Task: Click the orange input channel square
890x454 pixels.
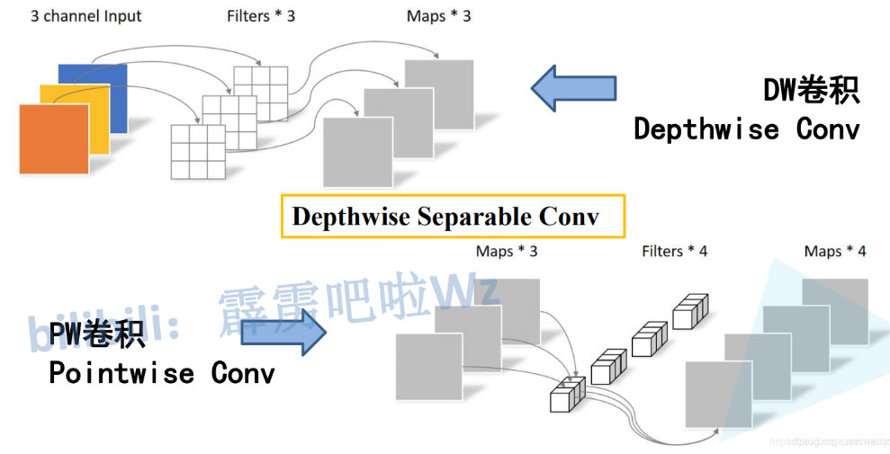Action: [x=53, y=138]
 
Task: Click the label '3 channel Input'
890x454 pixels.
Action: [x=86, y=16]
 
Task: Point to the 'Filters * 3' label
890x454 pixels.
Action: [x=262, y=16]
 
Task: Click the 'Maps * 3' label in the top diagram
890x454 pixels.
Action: [x=438, y=16]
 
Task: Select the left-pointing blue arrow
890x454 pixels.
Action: [x=573, y=88]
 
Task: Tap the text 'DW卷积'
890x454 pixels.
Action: [x=811, y=90]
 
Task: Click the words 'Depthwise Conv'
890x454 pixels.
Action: [x=746, y=129]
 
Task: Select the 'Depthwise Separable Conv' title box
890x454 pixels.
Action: [x=452, y=217]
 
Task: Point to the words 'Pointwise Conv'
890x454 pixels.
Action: [x=162, y=372]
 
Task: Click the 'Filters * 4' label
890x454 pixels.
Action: [x=674, y=252]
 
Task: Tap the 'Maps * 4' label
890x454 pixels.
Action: [x=834, y=252]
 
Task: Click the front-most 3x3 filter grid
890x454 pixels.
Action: [x=198, y=152]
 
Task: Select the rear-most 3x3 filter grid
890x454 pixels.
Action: [x=260, y=93]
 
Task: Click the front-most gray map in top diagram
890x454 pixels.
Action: [x=357, y=152]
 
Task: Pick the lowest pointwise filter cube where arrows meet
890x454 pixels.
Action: [x=567, y=395]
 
